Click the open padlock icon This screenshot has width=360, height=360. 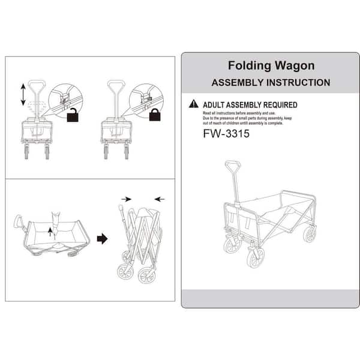(x=73, y=116)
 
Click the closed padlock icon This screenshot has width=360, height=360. (x=155, y=115)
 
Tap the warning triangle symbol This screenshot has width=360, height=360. (x=194, y=104)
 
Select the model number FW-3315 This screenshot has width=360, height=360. (x=226, y=134)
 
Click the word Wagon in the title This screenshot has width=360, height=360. (x=295, y=66)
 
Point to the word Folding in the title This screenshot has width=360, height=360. (x=250, y=66)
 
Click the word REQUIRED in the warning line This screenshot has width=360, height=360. (x=280, y=105)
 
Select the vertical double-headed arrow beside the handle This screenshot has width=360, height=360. (x=23, y=94)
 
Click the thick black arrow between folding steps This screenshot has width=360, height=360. (x=102, y=239)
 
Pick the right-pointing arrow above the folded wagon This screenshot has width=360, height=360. (x=126, y=199)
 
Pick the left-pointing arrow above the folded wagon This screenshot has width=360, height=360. (x=160, y=199)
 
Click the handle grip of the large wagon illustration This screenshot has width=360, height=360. (x=233, y=164)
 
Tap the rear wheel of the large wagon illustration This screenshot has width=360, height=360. (x=310, y=235)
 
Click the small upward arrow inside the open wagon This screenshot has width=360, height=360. (x=50, y=232)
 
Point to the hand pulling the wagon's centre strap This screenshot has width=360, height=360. (x=56, y=220)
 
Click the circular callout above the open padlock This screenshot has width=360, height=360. (x=65, y=100)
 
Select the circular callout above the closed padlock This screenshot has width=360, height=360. (x=146, y=100)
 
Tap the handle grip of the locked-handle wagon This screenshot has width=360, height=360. (x=116, y=83)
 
